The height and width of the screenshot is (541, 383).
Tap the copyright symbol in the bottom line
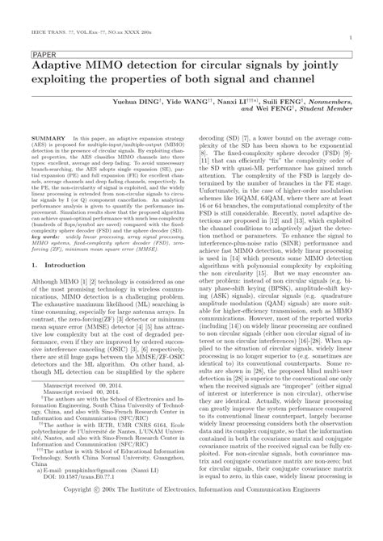pyautogui.click(x=120, y=533)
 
